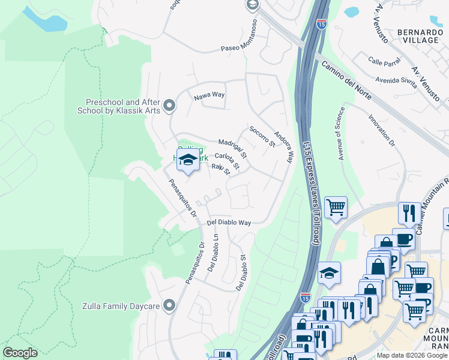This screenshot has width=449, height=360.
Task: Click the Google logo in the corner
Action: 20,352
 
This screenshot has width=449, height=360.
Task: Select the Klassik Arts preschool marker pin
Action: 170,106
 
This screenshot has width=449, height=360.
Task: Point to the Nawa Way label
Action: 209,95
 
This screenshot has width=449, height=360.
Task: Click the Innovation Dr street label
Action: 382,131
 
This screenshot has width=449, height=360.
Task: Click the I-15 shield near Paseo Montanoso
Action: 322,25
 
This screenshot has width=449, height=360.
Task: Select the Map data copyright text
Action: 412,355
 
